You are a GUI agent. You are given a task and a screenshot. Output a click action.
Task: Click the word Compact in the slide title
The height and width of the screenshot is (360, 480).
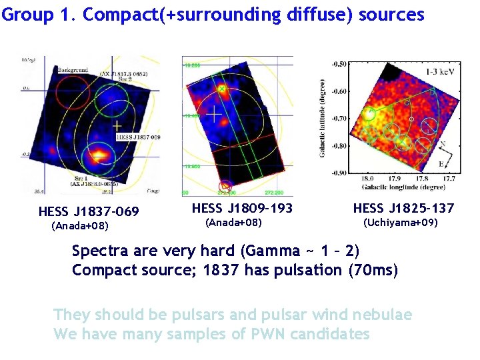(x=113, y=15)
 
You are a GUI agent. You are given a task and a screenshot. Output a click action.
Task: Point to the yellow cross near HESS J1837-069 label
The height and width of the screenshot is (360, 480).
(x=117, y=125)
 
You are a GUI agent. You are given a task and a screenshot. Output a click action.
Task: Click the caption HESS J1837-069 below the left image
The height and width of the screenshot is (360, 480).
(x=89, y=212)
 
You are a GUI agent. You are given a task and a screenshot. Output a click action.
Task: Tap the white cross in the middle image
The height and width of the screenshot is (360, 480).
(x=213, y=114)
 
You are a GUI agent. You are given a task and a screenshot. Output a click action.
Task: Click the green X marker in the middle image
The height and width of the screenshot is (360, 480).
(x=223, y=88)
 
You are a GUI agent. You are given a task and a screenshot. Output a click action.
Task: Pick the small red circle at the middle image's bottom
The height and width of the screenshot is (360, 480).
(x=225, y=185)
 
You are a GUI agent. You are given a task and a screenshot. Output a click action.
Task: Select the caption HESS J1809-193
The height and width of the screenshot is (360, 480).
(x=242, y=209)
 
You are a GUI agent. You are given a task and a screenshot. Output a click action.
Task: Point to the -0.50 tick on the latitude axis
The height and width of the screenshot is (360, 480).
(x=339, y=64)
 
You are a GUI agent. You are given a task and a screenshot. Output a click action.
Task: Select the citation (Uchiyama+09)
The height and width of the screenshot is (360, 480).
(x=399, y=222)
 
